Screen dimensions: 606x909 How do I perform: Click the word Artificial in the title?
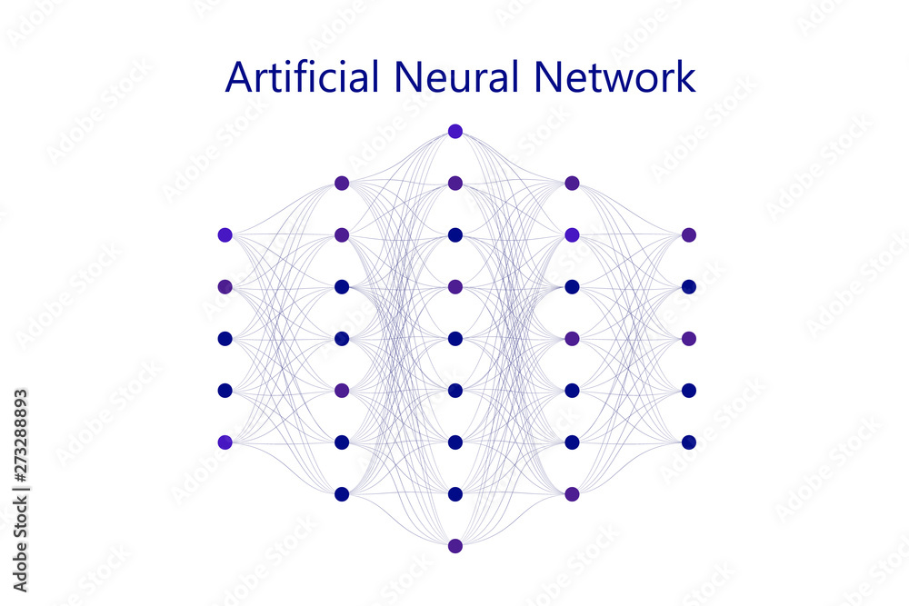tap(302, 77)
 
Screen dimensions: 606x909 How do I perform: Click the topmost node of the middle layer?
tap(455, 131)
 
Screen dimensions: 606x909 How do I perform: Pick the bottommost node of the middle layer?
tap(455, 546)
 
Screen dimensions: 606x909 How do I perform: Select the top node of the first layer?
tap(225, 234)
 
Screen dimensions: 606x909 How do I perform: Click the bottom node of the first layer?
tap(225, 442)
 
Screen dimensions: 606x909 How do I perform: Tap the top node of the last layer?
tap(688, 234)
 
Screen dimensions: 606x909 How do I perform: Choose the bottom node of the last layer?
tap(688, 442)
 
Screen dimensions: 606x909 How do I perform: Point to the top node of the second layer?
tap(342, 183)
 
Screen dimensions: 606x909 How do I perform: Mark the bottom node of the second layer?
tap(342, 494)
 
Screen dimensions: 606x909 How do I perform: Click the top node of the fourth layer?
tap(572, 183)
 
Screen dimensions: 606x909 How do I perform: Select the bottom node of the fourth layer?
tap(572, 494)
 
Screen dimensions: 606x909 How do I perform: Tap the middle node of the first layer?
tap(225, 338)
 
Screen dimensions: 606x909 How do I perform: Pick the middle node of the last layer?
tap(688, 338)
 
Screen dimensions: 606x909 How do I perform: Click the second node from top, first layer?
tap(225, 286)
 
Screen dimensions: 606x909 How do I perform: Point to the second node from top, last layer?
tap(688, 286)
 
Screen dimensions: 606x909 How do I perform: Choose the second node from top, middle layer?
tap(455, 183)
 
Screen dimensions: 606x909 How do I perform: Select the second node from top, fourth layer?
tap(572, 234)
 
